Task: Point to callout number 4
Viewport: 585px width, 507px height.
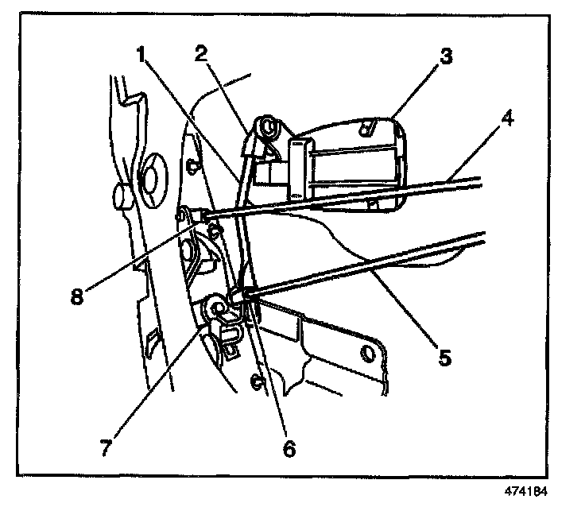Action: tap(506, 122)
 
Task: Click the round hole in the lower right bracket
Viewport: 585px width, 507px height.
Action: tap(369, 352)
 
